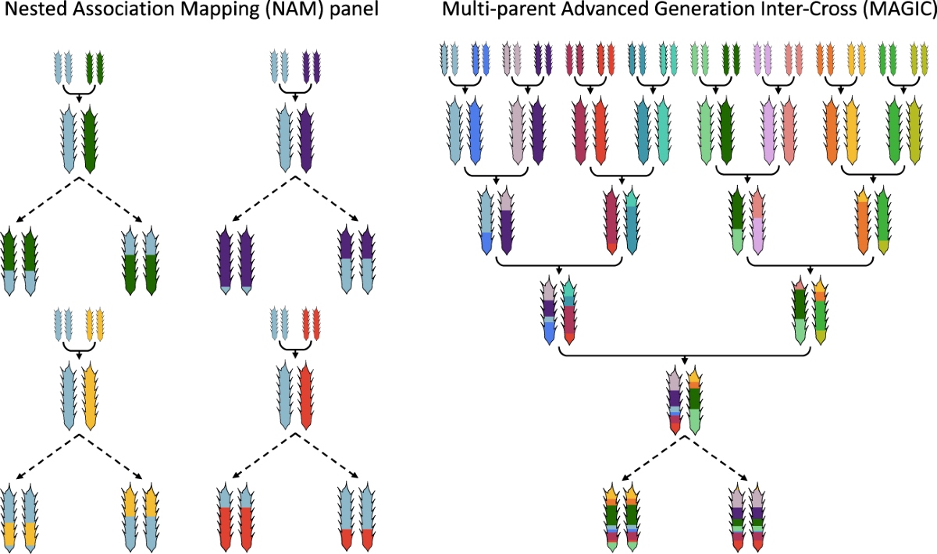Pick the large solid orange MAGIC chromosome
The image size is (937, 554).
click(x=832, y=130)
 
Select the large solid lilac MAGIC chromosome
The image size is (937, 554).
click(x=769, y=130)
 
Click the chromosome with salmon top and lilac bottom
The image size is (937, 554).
click(x=756, y=222)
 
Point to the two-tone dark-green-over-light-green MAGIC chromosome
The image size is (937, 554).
click(x=736, y=222)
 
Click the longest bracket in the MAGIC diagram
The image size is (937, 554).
click(x=685, y=353)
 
